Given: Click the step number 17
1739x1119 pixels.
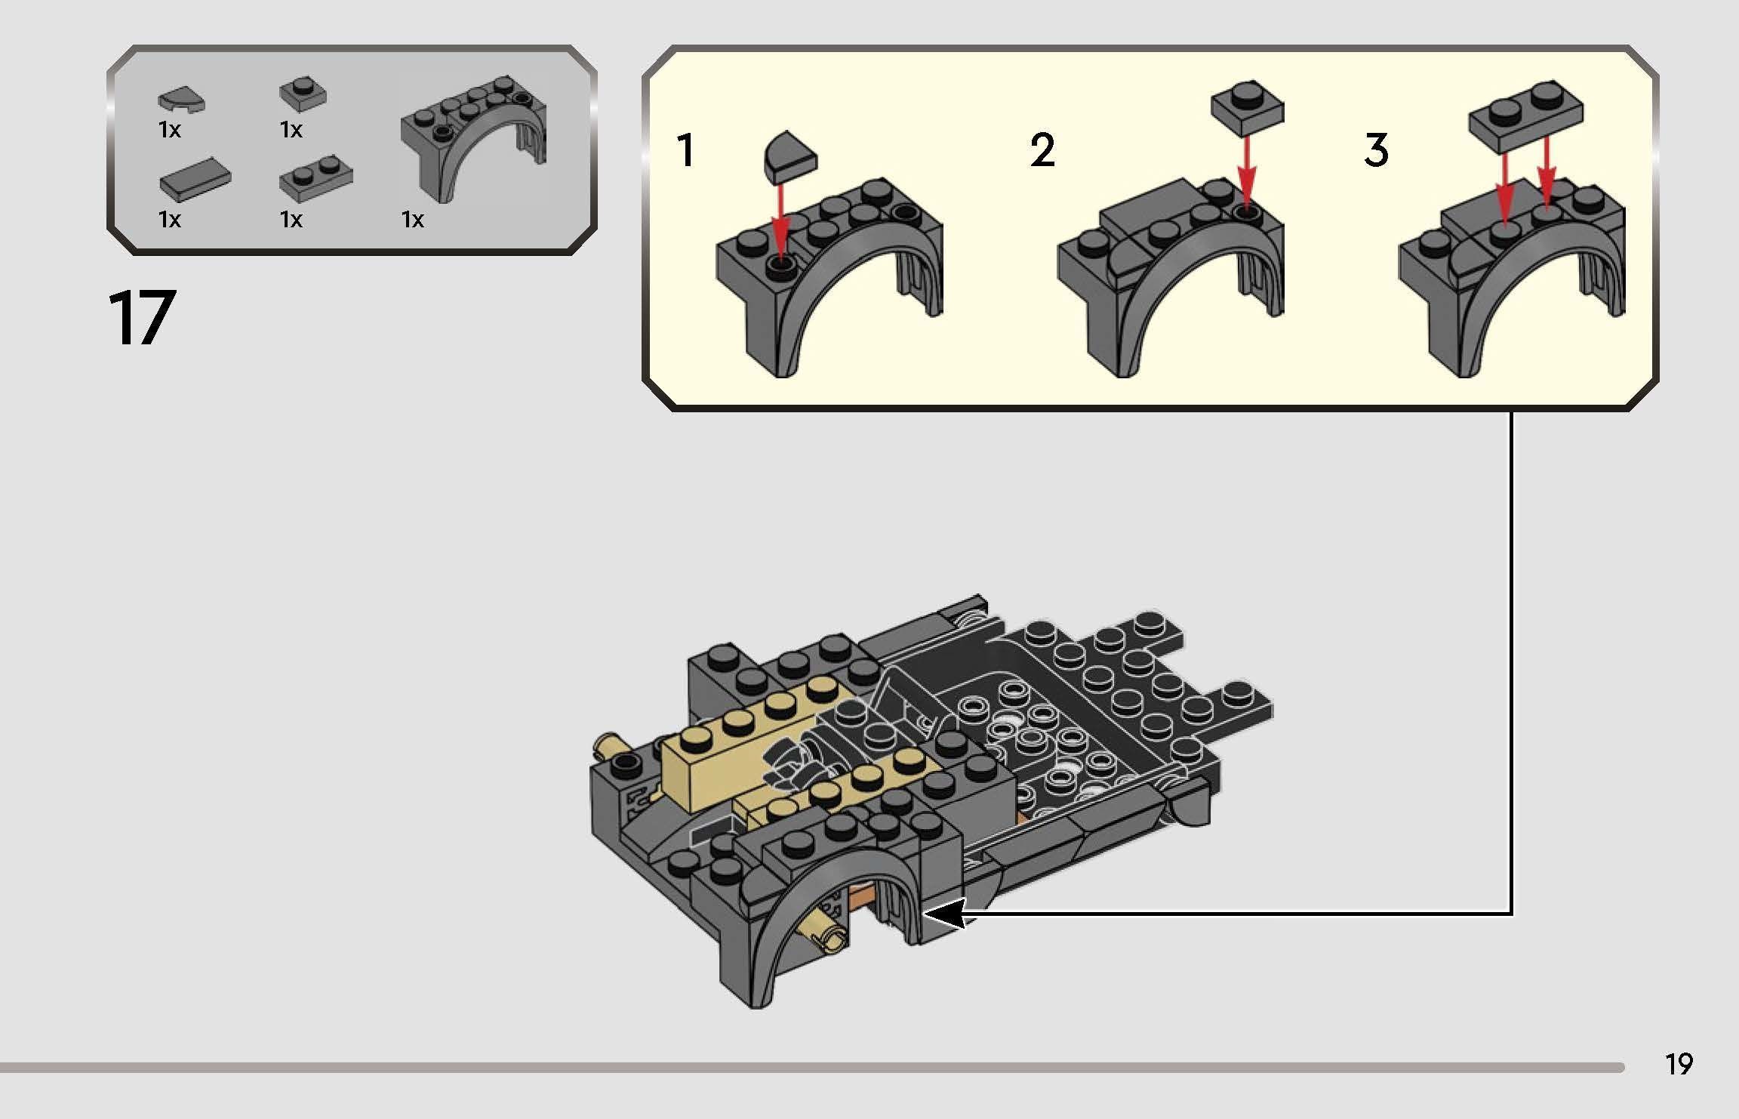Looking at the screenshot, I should point(141,319).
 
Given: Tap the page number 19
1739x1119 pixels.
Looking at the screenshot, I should point(1678,1065).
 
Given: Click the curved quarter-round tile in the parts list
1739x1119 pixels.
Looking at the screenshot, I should point(181,100).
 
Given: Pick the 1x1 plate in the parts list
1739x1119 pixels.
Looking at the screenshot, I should point(303,93).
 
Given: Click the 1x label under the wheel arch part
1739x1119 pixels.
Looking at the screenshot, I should point(413,220).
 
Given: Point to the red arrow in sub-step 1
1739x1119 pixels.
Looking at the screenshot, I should point(780,219).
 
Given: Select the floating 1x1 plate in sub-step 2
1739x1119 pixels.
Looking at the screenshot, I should point(1247,105).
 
